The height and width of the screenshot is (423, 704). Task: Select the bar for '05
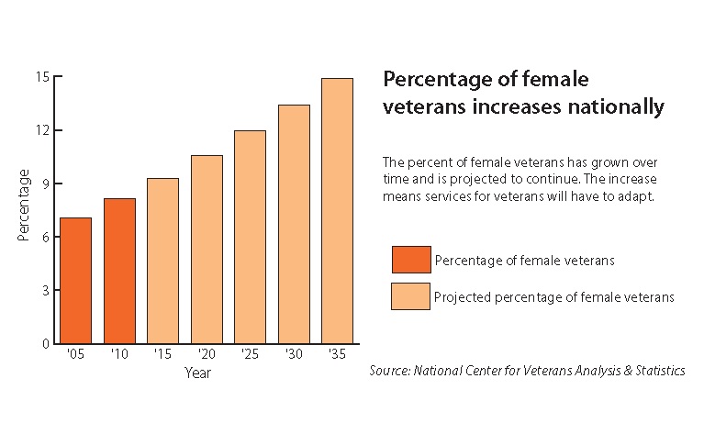pos(75,280)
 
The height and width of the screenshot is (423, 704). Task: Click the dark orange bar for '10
pos(119,271)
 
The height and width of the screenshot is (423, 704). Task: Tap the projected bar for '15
pos(162,261)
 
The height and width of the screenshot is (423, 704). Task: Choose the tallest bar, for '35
pos(337,211)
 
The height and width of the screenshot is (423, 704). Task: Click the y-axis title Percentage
pos(25,205)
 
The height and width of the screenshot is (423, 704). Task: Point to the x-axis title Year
pos(197,373)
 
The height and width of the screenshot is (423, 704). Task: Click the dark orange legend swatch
pos(409,260)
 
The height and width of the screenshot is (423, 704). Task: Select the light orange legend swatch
pos(409,296)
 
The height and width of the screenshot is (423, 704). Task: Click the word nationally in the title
pos(614,107)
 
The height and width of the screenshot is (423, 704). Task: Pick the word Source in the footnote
pos(389,371)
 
